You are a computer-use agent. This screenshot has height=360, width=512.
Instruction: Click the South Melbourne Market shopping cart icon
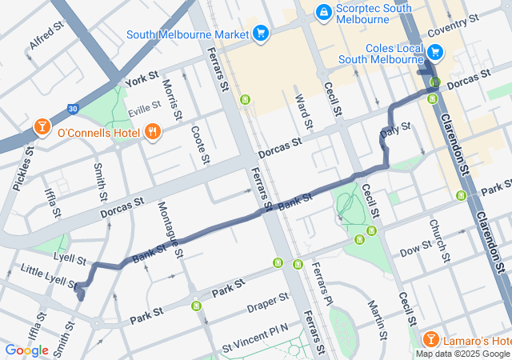click(260, 33)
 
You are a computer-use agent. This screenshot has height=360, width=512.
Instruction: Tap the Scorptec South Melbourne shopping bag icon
click(324, 12)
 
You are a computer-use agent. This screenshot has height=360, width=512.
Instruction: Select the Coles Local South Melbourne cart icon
click(434, 53)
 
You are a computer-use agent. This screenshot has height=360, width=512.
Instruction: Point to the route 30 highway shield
click(73, 109)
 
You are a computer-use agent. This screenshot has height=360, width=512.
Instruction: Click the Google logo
click(26, 350)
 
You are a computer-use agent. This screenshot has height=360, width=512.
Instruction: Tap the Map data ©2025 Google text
click(463, 354)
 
